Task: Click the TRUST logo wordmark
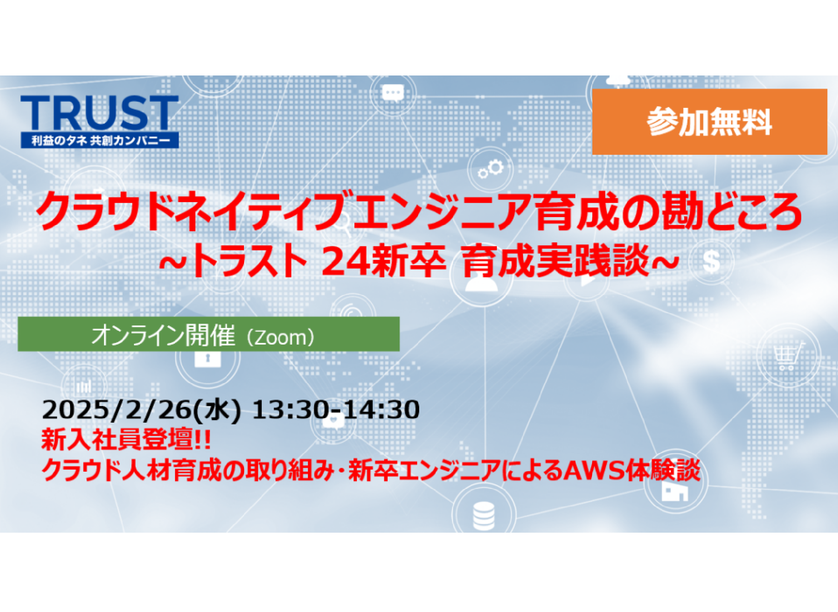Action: (x=99, y=113)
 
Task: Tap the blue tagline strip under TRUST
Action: (x=99, y=140)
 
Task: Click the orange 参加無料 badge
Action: (x=710, y=122)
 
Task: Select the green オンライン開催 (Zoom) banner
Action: (x=209, y=334)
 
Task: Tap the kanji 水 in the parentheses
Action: (x=217, y=410)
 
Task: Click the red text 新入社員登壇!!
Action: (x=126, y=439)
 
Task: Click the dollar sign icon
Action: (x=711, y=261)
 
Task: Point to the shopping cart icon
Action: (x=788, y=356)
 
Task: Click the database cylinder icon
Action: (x=484, y=516)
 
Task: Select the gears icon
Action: (x=491, y=168)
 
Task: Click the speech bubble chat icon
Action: (x=393, y=92)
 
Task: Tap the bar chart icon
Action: (x=84, y=386)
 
